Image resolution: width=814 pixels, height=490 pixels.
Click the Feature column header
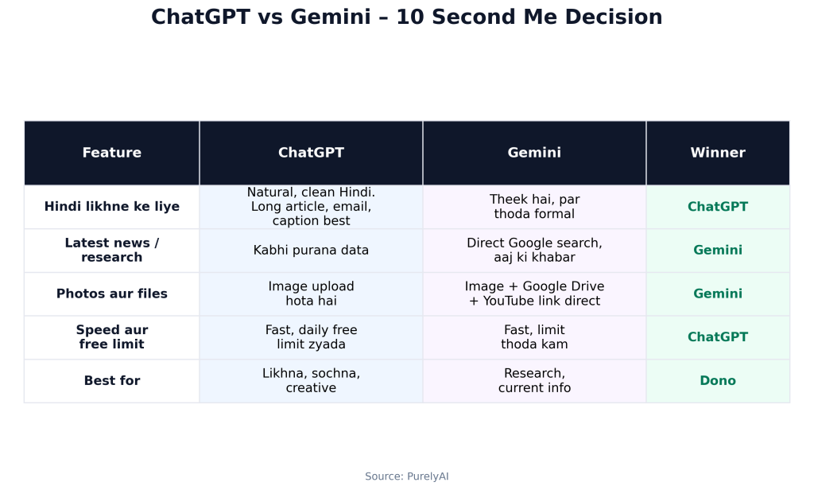tap(111, 152)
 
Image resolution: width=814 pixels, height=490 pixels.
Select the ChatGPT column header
tap(311, 152)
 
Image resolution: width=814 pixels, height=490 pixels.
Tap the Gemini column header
tap(534, 152)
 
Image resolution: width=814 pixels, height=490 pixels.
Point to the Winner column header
tap(718, 152)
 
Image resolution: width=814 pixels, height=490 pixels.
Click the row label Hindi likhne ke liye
tap(111, 206)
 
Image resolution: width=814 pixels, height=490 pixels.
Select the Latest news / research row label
tap(111, 250)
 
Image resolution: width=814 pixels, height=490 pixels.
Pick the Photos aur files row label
tap(111, 294)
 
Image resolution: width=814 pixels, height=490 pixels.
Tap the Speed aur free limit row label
tap(111, 336)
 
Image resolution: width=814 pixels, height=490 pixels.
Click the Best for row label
tap(111, 380)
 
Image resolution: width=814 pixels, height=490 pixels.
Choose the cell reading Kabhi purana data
tap(311, 250)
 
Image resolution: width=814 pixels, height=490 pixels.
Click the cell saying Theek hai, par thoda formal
tap(534, 206)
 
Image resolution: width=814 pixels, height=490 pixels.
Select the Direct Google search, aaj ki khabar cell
tap(534, 250)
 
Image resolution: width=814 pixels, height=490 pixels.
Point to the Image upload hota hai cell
tap(311, 294)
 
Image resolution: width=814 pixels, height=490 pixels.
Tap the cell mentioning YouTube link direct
tap(534, 294)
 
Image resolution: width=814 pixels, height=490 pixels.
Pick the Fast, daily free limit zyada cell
tap(311, 336)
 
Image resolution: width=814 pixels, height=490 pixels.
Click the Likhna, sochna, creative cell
tap(311, 380)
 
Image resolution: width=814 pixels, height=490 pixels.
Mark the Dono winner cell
tap(718, 380)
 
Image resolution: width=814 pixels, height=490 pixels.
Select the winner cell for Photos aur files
tap(718, 294)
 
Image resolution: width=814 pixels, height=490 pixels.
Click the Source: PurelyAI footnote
tap(406, 476)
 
